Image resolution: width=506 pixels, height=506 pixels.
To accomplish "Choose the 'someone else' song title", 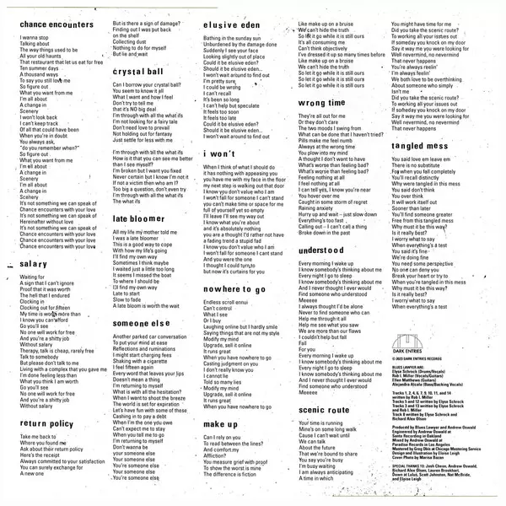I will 141,299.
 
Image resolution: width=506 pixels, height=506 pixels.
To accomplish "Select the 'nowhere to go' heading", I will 234,289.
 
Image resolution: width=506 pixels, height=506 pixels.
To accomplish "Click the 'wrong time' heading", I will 322,102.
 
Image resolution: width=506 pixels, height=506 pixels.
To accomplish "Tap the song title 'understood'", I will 322,250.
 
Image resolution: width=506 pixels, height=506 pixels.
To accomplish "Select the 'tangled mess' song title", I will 418,146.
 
